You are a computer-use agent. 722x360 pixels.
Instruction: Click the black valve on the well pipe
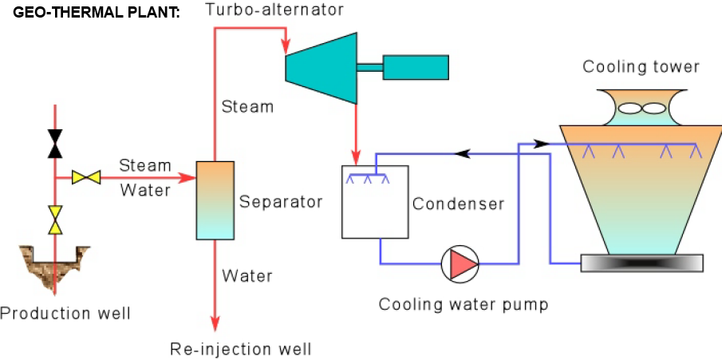pos(54,143)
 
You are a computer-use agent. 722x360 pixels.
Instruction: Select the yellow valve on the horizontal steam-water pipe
pos(85,177)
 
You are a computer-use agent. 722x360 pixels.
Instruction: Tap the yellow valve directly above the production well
pos(54,219)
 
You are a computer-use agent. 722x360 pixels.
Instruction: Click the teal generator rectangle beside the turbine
pos(416,67)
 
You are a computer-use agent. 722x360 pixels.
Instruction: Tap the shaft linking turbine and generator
pos(369,67)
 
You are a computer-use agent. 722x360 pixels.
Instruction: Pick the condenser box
pos(374,202)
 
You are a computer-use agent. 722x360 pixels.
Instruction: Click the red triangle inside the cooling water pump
pos(462,263)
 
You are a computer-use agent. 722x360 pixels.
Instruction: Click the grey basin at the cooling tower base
pos(641,263)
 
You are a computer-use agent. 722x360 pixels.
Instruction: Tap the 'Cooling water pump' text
pos(464,304)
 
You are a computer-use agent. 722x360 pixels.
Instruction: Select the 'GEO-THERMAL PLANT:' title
pos(96,14)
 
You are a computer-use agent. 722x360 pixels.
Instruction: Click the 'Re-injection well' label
pos(241,349)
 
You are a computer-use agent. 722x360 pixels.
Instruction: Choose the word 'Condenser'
pos(458,204)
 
